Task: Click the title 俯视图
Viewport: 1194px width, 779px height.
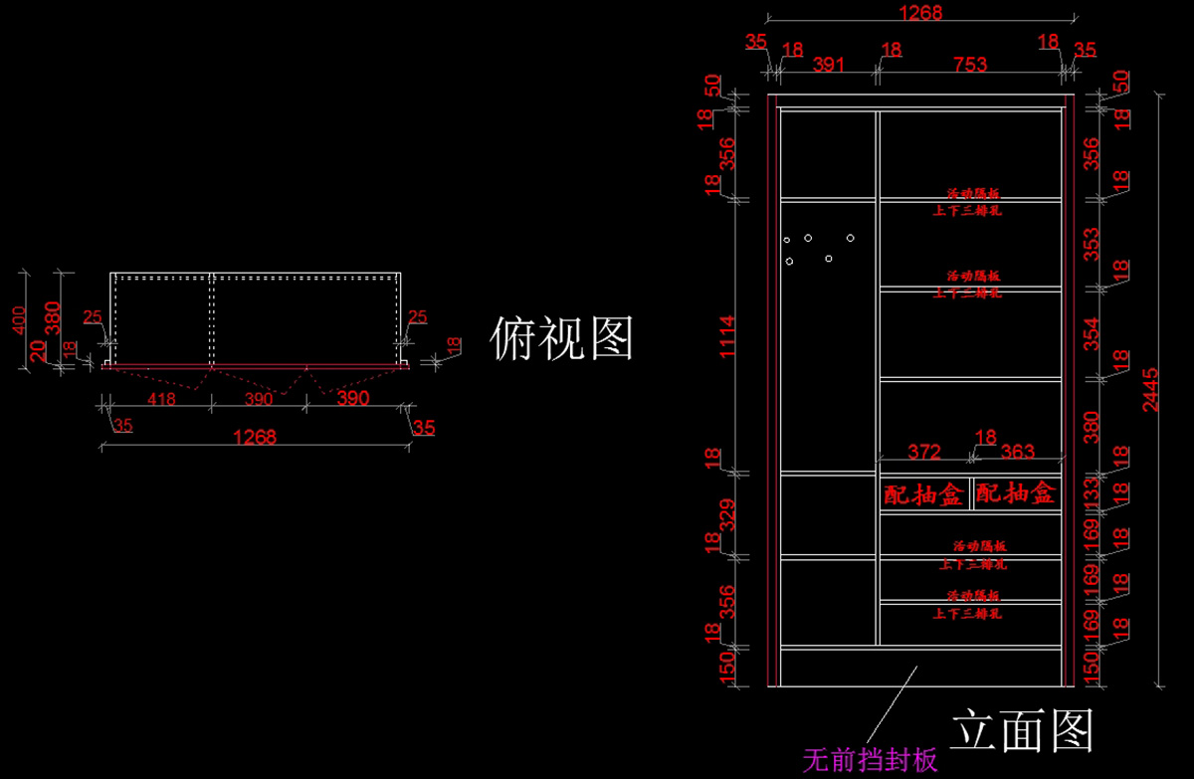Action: click(562, 340)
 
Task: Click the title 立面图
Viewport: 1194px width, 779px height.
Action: click(1022, 731)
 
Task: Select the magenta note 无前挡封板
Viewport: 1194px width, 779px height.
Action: click(870, 761)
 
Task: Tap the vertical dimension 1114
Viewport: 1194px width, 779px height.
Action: click(727, 335)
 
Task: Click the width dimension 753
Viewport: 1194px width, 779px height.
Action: click(970, 65)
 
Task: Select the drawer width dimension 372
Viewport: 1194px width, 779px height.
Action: click(924, 452)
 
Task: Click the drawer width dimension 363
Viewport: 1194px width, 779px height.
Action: click(1018, 452)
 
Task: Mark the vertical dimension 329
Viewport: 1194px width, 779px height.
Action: click(727, 515)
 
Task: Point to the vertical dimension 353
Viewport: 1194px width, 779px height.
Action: click(1092, 244)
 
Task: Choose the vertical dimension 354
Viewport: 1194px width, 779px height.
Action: click(1092, 333)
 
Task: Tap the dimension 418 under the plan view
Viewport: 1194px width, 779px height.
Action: click(161, 399)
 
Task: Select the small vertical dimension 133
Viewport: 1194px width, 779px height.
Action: click(1092, 490)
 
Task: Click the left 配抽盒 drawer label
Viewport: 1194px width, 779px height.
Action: click(923, 493)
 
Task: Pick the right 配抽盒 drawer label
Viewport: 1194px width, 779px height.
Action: click(1015, 493)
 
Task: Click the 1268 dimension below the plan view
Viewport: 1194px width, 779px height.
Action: click(254, 437)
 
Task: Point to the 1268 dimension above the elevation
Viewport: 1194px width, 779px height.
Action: click(919, 13)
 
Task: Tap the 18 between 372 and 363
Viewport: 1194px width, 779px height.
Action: click(985, 438)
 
